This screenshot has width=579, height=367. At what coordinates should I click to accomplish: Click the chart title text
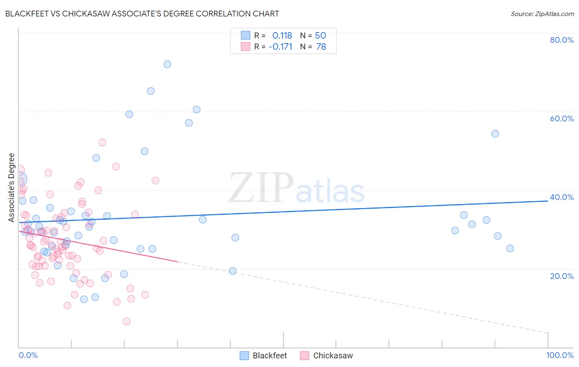142,14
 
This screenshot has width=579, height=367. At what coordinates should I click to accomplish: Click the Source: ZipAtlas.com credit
542,14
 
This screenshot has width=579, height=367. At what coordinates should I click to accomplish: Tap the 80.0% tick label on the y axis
562,40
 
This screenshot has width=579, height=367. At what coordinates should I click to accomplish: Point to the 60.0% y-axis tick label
562,118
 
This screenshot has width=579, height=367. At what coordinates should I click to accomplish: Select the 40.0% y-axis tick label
562,197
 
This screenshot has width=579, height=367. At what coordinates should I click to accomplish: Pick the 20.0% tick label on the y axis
562,276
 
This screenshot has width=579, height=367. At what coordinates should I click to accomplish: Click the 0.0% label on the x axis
28,355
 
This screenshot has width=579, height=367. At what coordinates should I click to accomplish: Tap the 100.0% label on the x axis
560,355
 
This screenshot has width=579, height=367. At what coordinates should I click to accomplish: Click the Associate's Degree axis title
12,188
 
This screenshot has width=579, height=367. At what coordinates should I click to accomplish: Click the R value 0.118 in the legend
282,36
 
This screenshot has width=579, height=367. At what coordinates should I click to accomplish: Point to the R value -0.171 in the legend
280,47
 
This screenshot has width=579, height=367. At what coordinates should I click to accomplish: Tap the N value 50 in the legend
320,36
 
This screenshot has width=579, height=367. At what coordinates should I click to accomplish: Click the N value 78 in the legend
321,47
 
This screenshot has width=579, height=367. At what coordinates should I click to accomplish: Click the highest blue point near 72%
167,64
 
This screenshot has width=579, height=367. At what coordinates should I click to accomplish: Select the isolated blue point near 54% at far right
495,134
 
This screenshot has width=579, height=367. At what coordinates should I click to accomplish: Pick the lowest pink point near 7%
126,321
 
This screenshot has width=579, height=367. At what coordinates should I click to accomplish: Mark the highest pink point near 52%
103,142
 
